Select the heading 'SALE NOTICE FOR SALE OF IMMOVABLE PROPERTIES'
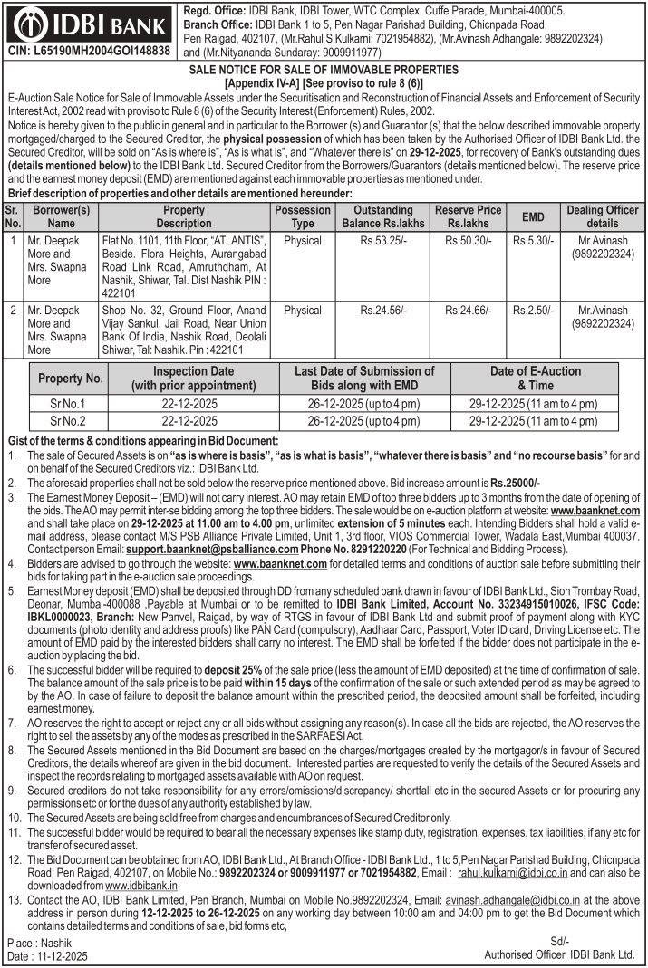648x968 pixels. tap(324, 70)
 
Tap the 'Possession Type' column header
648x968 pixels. tap(302, 216)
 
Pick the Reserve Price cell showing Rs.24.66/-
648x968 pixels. tap(468, 310)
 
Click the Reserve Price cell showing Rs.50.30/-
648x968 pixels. tap(468, 242)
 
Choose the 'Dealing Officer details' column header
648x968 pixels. tap(603, 216)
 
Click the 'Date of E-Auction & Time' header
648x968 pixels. tap(535, 378)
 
